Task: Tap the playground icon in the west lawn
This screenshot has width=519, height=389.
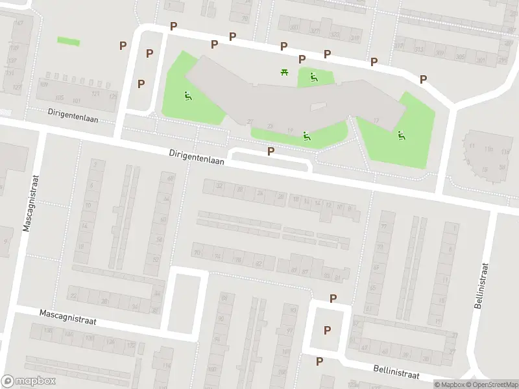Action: point(188,96)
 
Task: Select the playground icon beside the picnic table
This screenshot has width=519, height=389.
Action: point(314,78)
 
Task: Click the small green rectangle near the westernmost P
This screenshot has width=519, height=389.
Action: point(68,41)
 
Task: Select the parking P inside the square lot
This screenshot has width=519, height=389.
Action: point(327,330)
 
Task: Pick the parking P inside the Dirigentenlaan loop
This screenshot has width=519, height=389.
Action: point(271,151)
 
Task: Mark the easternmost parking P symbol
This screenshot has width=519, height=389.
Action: point(423,79)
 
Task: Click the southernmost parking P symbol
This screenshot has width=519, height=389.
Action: point(319,360)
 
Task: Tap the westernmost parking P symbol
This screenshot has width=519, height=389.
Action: point(123,46)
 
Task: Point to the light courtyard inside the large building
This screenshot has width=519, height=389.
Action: point(319,106)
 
